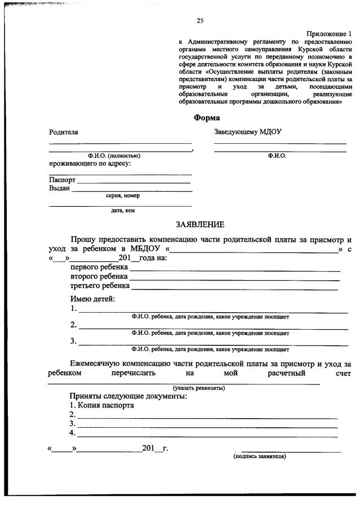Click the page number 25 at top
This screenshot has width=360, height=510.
[200, 21]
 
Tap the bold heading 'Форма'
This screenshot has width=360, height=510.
[207, 118]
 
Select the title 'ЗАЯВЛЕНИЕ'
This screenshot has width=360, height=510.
[200, 224]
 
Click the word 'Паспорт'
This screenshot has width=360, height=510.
[62, 180]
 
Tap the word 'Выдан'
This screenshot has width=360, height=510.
[60, 189]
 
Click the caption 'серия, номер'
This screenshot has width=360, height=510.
[123, 196]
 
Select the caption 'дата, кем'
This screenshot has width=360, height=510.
[122, 211]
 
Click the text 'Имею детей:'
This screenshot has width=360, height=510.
[92, 298]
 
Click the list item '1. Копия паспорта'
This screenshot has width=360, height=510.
[101, 405]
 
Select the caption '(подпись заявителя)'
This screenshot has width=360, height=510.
[260, 456]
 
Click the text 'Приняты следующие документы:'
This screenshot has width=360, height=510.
[128, 396]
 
